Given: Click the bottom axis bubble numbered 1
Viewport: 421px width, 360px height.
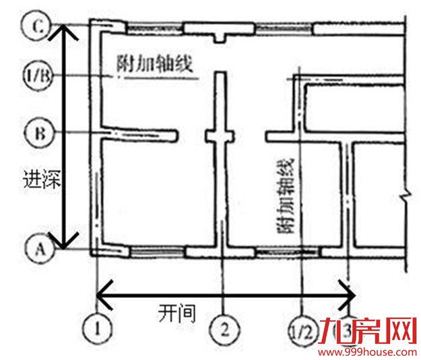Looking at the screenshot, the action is click(98, 330).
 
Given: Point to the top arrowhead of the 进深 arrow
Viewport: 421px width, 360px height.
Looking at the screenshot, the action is click(65, 31).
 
